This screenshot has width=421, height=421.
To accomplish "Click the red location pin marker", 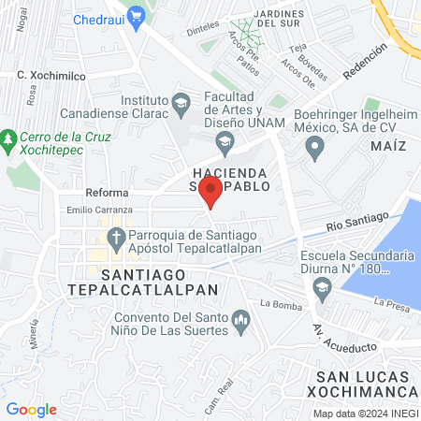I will (210, 193).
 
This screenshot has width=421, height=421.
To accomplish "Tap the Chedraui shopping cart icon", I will (138, 16).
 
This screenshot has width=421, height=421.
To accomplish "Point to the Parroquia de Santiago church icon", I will (116, 236).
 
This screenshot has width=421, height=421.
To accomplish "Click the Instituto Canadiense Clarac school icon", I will (181, 100).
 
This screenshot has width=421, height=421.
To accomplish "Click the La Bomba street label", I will (278, 303).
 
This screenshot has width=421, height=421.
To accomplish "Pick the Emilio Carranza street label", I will (94, 210).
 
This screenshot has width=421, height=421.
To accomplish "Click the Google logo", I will (31, 409).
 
